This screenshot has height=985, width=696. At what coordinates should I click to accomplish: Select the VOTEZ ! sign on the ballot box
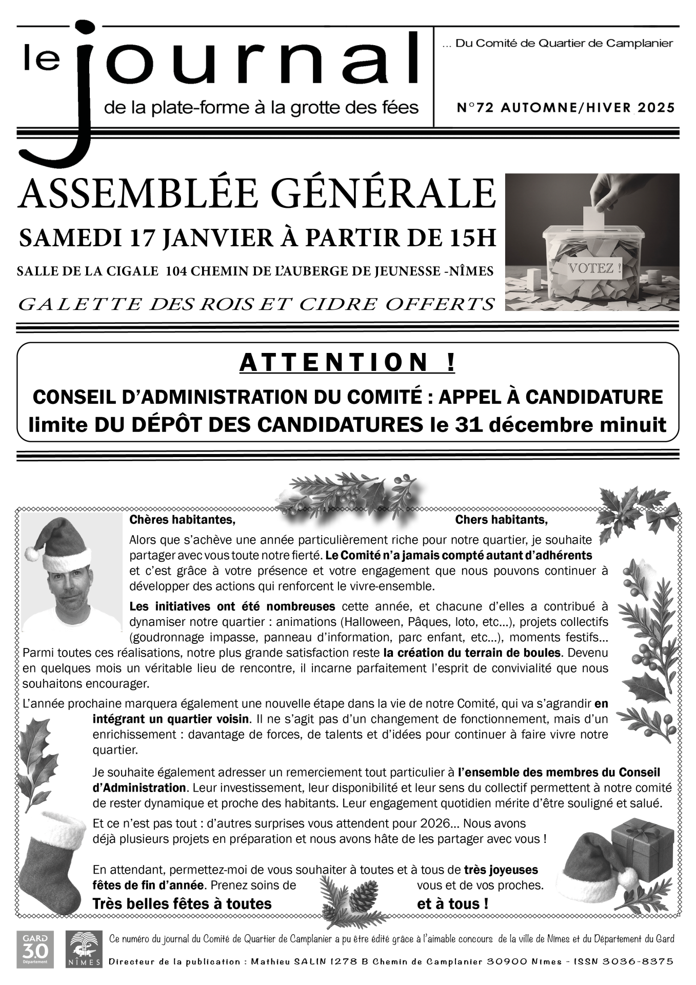click(594, 268)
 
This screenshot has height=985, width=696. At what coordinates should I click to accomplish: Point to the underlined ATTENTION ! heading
click(347, 363)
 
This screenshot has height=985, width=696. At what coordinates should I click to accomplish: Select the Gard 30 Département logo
click(35, 950)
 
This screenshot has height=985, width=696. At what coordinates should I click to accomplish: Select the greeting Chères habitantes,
click(182, 520)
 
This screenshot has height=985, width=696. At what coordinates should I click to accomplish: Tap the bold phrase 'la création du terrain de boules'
click(472, 653)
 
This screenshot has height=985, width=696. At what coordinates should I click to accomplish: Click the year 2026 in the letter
click(434, 823)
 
